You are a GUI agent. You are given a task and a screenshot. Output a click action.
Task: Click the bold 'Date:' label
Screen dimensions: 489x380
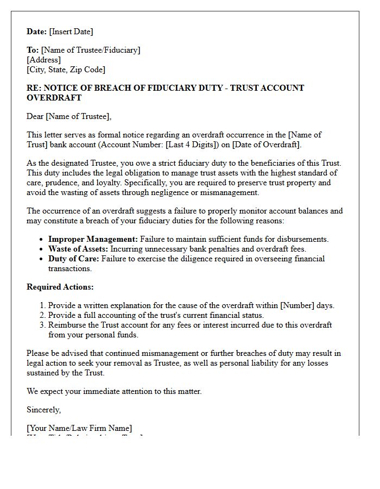(x=37, y=32)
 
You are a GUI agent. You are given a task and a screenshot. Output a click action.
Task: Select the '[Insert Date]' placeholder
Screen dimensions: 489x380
(x=71, y=32)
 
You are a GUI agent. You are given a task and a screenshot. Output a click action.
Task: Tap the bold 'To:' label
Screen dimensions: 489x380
(x=33, y=50)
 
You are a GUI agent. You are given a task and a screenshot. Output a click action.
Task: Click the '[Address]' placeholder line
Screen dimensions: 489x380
(x=43, y=60)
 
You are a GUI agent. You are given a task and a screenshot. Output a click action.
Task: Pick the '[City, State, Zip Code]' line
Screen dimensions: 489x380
(x=66, y=70)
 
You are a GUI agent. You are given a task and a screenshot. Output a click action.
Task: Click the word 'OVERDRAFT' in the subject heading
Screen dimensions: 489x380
(x=54, y=98)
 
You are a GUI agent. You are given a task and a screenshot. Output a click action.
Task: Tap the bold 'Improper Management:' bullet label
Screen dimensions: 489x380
(x=93, y=239)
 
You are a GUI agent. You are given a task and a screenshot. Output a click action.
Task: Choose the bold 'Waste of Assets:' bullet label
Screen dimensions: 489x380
(x=78, y=249)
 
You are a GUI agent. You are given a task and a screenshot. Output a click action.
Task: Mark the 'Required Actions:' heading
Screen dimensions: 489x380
(x=60, y=287)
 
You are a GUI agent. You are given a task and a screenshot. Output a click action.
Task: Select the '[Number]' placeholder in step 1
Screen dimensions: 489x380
(x=297, y=305)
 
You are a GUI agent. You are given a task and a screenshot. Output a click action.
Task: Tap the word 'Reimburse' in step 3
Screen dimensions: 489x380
(x=67, y=325)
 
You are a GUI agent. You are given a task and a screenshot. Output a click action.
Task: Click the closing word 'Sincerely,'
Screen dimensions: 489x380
(x=44, y=410)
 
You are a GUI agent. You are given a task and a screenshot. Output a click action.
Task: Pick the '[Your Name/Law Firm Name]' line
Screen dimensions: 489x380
(x=79, y=428)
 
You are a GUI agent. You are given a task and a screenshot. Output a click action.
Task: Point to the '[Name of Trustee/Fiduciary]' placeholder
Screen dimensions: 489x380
(x=91, y=50)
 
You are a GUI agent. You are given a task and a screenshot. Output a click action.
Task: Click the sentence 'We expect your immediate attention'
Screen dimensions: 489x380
(x=114, y=391)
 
